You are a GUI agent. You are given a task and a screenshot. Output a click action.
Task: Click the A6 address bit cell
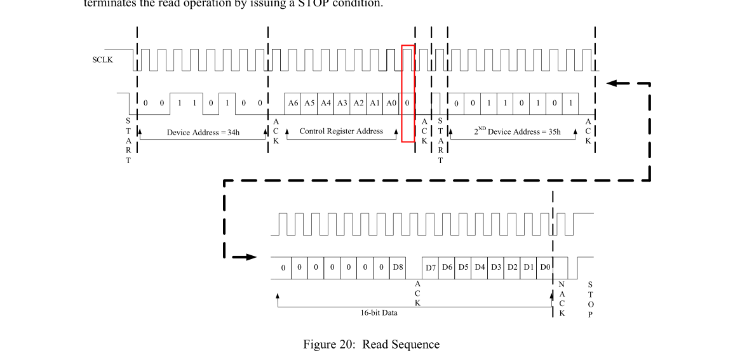pyautogui.click(x=293, y=103)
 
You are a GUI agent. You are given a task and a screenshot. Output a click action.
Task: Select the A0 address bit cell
pyautogui.click(x=391, y=103)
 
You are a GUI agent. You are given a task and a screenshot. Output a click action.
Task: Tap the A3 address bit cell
pyautogui.click(x=342, y=103)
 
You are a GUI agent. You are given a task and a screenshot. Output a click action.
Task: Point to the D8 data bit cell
pyautogui.click(x=398, y=267)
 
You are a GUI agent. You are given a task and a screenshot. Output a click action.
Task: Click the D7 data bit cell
pyautogui.click(x=431, y=267)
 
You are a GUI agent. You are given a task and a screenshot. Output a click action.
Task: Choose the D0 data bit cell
pyautogui.click(x=545, y=267)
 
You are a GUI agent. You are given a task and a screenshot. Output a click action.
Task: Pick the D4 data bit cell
pyautogui.click(x=480, y=267)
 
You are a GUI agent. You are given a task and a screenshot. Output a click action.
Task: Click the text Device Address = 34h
pyautogui.click(x=203, y=133)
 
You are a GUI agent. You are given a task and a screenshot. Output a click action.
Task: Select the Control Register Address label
pyautogui.click(x=341, y=131)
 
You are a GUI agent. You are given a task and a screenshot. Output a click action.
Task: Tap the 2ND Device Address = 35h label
pyautogui.click(x=517, y=132)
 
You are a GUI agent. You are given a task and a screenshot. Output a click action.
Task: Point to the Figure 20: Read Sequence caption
pyautogui.click(x=371, y=345)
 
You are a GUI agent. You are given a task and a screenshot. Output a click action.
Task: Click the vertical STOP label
pyautogui.click(x=590, y=299)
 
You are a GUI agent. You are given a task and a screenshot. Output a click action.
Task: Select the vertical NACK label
pyautogui.click(x=562, y=299)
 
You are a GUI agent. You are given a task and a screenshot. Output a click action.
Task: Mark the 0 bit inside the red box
pyautogui.click(x=408, y=103)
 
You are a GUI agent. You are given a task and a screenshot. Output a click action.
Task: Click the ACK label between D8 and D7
pyautogui.click(x=417, y=293)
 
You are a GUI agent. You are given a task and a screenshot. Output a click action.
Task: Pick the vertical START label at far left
pyautogui.click(x=128, y=140)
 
